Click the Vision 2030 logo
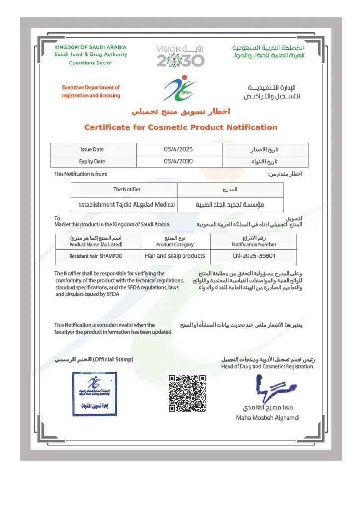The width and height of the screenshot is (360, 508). pyautogui.click(x=180, y=56)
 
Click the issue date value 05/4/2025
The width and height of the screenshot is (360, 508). pyautogui.click(x=178, y=149)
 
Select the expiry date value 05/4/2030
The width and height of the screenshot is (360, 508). pyautogui.click(x=178, y=161)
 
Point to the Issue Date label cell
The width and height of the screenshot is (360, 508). pyautogui.click(x=92, y=149)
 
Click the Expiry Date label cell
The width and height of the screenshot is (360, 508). pyautogui.click(x=92, y=161)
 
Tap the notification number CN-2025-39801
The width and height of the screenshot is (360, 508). pyautogui.click(x=254, y=256)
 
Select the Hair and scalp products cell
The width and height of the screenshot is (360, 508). pyautogui.click(x=175, y=256)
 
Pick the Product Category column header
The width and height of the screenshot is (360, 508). pyautogui.click(x=175, y=241)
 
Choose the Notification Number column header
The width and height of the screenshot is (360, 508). pyautogui.click(x=254, y=241)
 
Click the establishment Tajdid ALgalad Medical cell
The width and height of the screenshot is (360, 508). pyautogui.click(x=124, y=204)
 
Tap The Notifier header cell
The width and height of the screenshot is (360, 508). pyautogui.click(x=127, y=190)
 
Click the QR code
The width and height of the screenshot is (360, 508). pyautogui.click(x=187, y=393)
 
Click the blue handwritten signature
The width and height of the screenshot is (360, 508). pyautogui.click(x=273, y=389)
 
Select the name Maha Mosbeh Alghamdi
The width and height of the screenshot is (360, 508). pyautogui.click(x=268, y=418)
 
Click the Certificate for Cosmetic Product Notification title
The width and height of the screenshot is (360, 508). pyautogui.click(x=181, y=127)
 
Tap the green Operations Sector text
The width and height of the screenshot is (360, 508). pyautogui.click(x=90, y=63)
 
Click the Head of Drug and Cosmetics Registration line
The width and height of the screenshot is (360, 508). pyautogui.click(x=267, y=367)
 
